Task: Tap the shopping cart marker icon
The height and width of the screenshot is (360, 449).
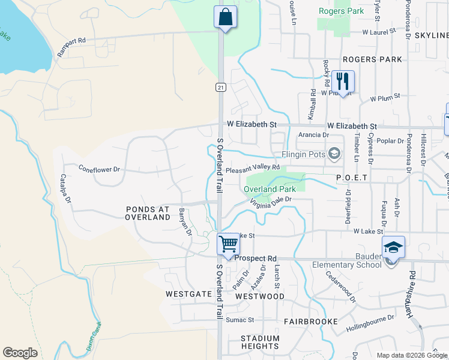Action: click(x=228, y=244)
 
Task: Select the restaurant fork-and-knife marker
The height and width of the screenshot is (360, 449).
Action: click(x=343, y=81)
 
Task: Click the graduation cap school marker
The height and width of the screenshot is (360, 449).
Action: click(x=393, y=247)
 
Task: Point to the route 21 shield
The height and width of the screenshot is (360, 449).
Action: click(x=221, y=88)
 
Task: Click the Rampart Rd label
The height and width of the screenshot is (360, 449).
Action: click(x=71, y=48)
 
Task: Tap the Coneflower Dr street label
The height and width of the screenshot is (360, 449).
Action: click(x=100, y=169)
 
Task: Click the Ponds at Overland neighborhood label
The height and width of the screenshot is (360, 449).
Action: click(x=148, y=213)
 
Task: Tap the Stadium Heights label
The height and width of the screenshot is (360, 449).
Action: click(x=260, y=342)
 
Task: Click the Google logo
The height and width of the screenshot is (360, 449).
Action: click(x=20, y=353)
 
